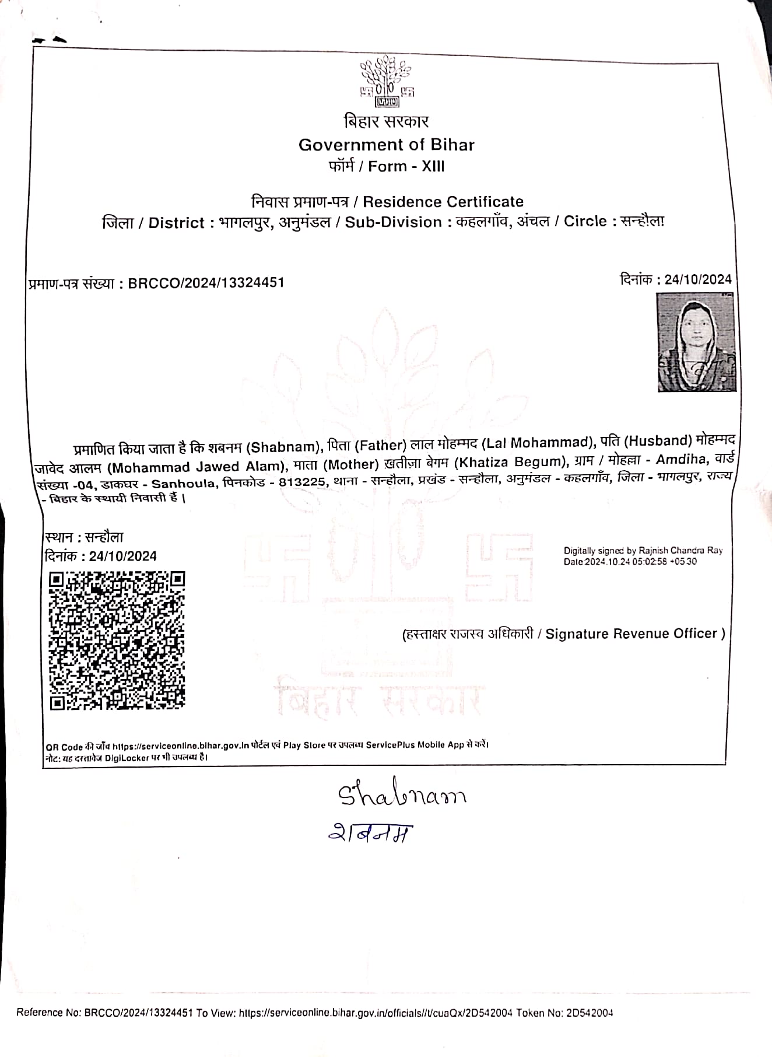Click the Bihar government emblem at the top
(x=387, y=82)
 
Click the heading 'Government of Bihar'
(x=387, y=145)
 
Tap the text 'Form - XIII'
(x=406, y=166)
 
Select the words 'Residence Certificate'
(x=443, y=202)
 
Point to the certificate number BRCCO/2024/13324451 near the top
(x=206, y=283)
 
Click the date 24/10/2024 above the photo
(x=698, y=279)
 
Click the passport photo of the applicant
(x=696, y=342)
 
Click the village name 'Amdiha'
(x=680, y=459)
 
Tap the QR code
(x=117, y=640)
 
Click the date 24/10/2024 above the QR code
(x=122, y=556)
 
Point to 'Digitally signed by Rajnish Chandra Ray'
(x=643, y=550)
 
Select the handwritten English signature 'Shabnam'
(x=402, y=794)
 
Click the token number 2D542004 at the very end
(x=589, y=1013)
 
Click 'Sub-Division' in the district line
(x=393, y=222)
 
